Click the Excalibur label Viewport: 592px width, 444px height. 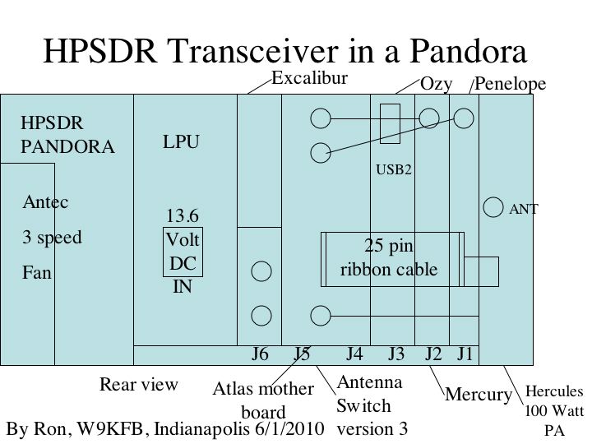pyautogui.click(x=310, y=78)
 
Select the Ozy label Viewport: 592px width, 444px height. pyautogui.click(x=434, y=84)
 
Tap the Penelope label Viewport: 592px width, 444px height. pyautogui.click(x=511, y=84)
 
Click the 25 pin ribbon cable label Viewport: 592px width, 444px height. pyautogui.click(x=389, y=257)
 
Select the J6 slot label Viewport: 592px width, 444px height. pyautogui.click(x=260, y=354)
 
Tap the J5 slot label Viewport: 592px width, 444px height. pyautogui.click(x=303, y=354)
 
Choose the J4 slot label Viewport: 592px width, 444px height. pyautogui.click(x=354, y=354)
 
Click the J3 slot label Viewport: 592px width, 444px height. pyautogui.click(x=397, y=354)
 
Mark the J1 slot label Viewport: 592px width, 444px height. pyautogui.click(x=465, y=354)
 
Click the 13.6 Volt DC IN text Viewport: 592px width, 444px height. pyautogui.click(x=182, y=252)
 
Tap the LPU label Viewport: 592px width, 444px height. pyautogui.click(x=181, y=142)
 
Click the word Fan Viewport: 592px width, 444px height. pyautogui.click(x=37, y=273)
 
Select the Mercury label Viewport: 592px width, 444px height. pyautogui.click(x=479, y=395)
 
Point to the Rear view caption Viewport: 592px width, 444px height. pyautogui.click(x=138, y=384)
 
